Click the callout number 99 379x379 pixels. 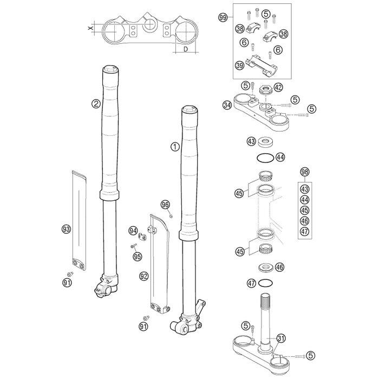[223, 18]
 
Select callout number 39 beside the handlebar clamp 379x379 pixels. [239, 66]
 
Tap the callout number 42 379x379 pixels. [278, 87]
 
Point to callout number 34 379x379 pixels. [227, 106]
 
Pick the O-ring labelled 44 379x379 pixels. [265, 158]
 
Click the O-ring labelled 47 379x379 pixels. [266, 283]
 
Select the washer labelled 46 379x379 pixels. [266, 267]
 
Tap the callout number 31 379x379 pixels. [280, 338]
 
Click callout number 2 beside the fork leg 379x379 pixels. [96, 104]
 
